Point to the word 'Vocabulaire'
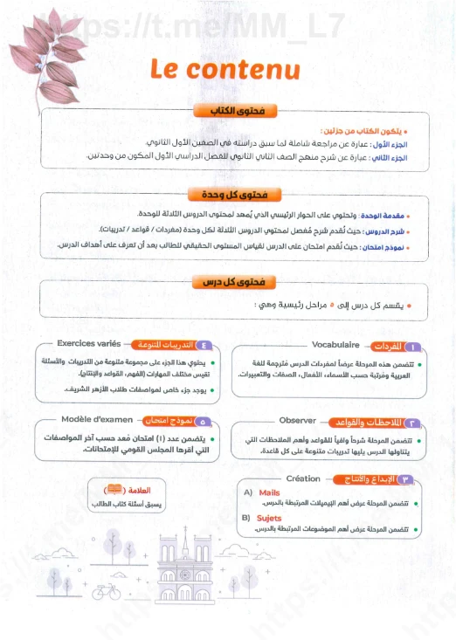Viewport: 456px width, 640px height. (336, 345)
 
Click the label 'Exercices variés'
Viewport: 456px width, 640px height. (90, 344)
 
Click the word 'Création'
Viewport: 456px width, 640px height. (303, 478)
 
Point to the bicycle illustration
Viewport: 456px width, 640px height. (105, 591)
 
